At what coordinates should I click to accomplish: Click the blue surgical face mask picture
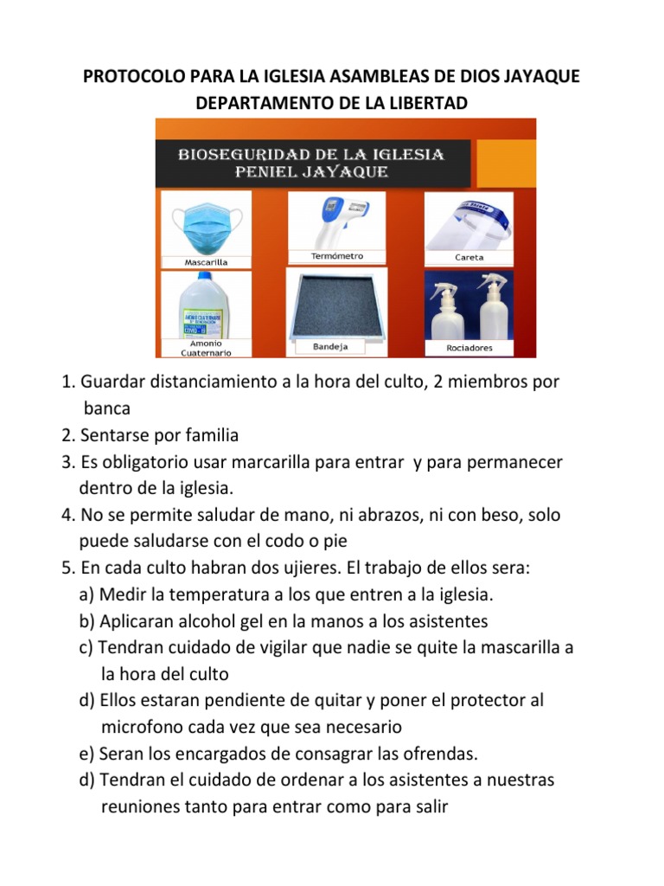[206, 224]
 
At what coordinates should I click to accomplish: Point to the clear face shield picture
[469, 222]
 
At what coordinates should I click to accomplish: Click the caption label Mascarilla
[206, 261]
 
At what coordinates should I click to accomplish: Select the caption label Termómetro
[337, 256]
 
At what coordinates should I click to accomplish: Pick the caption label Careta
[469, 258]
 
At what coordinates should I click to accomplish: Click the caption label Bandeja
[330, 347]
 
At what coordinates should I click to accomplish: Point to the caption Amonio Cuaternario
[206, 348]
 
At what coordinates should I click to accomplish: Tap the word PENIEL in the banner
[271, 171]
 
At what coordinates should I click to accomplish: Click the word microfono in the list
[143, 727]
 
